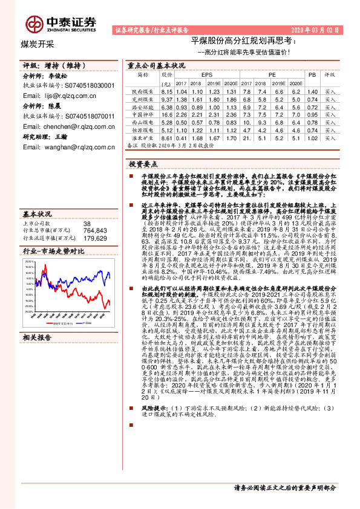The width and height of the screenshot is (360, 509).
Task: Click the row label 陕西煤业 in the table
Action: click(142, 90)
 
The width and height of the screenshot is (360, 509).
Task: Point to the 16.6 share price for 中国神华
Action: click(167, 114)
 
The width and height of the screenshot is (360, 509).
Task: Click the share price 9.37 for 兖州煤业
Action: click(167, 98)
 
